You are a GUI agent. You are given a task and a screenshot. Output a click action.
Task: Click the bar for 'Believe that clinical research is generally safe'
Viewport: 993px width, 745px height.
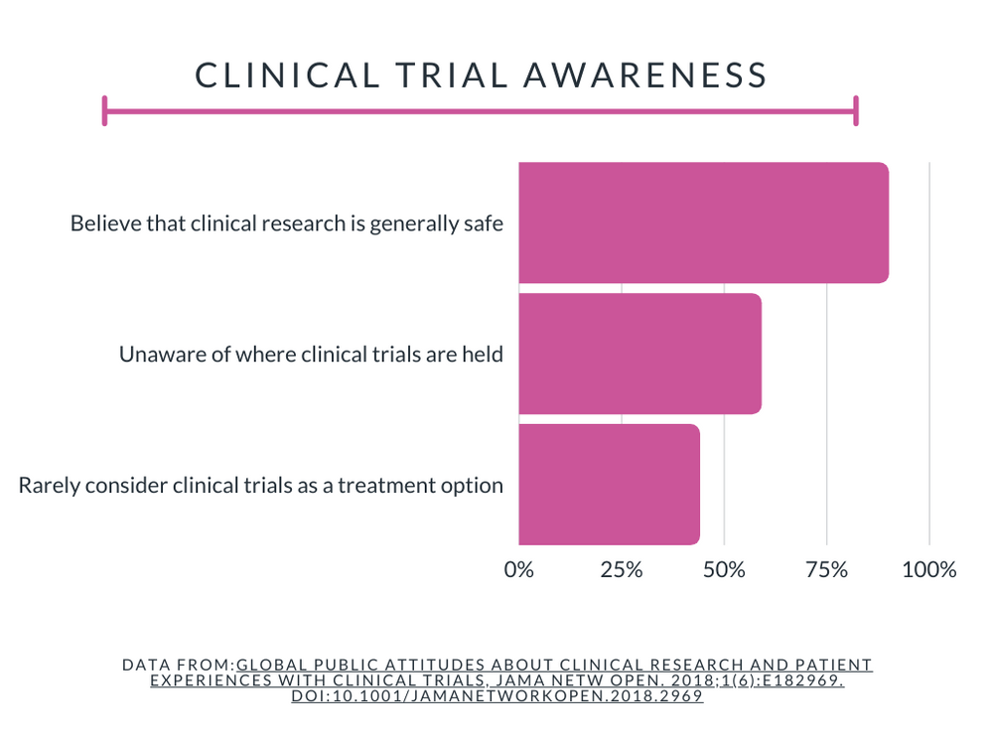pos(703,223)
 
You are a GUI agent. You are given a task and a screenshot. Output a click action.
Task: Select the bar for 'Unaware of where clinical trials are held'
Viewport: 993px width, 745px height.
pos(639,354)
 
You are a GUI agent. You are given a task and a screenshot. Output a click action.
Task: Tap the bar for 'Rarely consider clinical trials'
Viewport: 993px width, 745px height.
pos(609,485)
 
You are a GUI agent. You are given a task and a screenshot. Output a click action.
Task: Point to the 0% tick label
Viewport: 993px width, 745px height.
pos(518,570)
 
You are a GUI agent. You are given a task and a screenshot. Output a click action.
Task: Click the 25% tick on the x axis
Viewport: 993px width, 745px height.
pos(622,570)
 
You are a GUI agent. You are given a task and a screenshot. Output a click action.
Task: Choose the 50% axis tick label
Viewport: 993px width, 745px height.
pos(724,570)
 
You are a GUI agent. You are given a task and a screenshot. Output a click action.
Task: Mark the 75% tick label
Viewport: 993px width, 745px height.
pos(826,570)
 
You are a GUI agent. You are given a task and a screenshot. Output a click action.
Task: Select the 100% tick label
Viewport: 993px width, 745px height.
pos(929,570)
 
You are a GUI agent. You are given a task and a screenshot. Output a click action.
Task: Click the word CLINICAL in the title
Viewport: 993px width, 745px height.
pos(285,75)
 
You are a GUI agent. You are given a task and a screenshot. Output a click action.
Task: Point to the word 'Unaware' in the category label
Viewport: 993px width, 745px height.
pos(156,354)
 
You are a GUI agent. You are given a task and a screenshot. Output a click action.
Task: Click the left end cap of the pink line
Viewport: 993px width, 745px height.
pos(104,111)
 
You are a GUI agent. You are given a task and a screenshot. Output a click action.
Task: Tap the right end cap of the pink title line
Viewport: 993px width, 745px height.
pos(855,111)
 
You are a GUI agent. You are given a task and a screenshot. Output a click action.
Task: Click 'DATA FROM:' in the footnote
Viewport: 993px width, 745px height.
pos(178,665)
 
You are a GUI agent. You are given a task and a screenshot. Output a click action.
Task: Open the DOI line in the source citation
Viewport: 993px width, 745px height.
pos(496,696)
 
